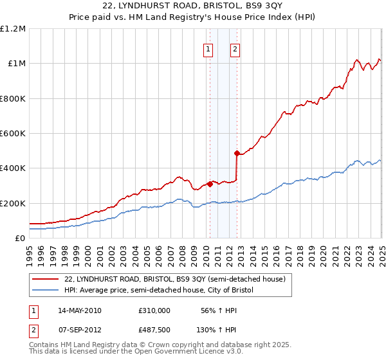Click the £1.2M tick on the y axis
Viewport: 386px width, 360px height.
point(12,28)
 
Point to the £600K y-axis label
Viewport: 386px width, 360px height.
point(12,134)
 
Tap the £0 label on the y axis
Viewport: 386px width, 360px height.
point(19,239)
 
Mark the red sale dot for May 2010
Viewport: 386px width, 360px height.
point(210,184)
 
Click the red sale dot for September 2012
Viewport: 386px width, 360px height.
point(237,153)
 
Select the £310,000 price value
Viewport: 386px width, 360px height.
point(154,310)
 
